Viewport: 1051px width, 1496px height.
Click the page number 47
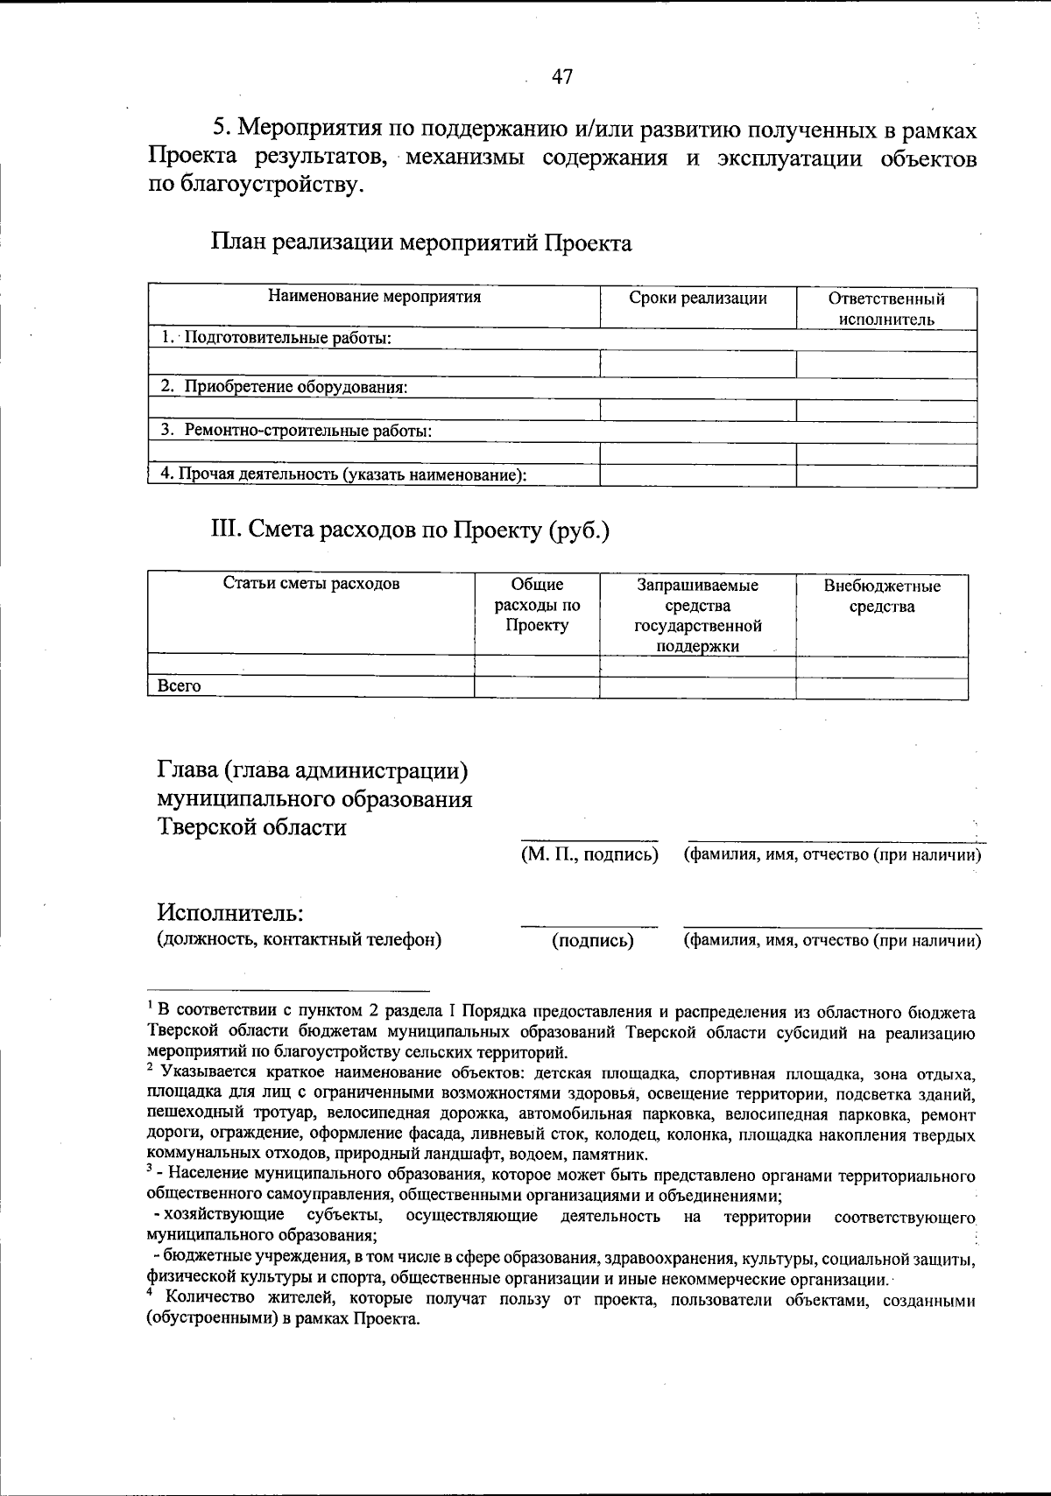(562, 77)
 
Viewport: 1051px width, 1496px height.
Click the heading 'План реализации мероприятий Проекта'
(421, 242)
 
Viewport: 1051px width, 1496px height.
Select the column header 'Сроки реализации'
(698, 298)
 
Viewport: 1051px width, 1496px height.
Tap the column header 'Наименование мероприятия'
(374, 297)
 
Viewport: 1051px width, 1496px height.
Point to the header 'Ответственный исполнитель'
(886, 308)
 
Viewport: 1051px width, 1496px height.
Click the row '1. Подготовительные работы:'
(276, 338)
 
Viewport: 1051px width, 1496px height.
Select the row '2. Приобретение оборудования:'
(284, 386)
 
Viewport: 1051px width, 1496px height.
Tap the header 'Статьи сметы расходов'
(312, 584)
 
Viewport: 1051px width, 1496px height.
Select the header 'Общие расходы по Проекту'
(537, 605)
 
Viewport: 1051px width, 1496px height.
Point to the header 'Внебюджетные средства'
(882, 596)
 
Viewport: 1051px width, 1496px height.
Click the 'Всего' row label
(179, 686)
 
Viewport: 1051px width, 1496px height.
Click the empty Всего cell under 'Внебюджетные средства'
(882, 687)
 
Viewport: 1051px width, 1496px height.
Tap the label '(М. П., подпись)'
(589, 854)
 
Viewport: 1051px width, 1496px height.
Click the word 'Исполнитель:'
(230, 913)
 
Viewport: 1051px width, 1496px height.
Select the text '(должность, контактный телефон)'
(299, 940)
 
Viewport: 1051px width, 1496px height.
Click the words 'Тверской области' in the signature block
(252, 826)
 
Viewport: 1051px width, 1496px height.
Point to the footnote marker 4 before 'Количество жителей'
(151, 1293)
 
